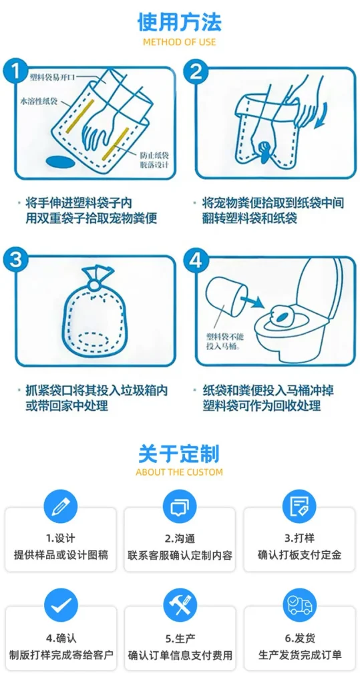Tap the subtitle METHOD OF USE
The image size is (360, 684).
pyautogui.click(x=180, y=42)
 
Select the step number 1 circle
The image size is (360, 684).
pyautogui.click(x=15, y=71)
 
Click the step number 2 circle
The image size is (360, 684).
pyautogui.click(x=196, y=71)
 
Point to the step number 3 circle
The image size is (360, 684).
pyautogui.click(x=15, y=260)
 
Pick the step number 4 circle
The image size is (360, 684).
pyautogui.click(x=196, y=261)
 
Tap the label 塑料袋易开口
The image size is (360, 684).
pyautogui.click(x=53, y=77)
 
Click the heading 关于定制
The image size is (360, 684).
pyautogui.click(x=180, y=454)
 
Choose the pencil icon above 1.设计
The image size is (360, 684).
pyautogui.click(x=61, y=507)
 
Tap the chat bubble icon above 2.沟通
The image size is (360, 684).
pyautogui.click(x=180, y=507)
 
